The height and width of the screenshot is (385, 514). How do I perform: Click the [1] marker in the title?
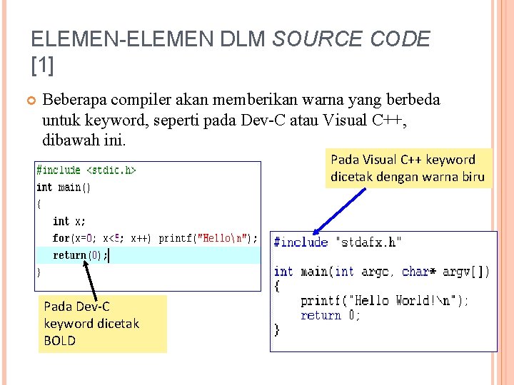(x=43, y=66)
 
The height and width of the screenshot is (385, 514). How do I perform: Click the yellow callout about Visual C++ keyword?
(x=408, y=168)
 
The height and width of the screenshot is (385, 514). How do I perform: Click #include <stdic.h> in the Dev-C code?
(x=86, y=170)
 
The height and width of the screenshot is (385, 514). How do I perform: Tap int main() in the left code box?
(x=64, y=188)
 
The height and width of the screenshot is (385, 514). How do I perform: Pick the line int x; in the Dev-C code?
(x=69, y=222)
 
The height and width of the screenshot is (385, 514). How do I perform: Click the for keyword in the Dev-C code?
(x=61, y=238)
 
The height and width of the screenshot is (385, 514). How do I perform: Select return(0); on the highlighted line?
(x=80, y=255)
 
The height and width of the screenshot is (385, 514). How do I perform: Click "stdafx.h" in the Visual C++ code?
(x=368, y=242)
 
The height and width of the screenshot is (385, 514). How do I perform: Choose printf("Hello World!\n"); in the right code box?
(x=385, y=301)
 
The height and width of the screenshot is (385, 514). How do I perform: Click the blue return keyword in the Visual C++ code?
(x=321, y=315)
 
